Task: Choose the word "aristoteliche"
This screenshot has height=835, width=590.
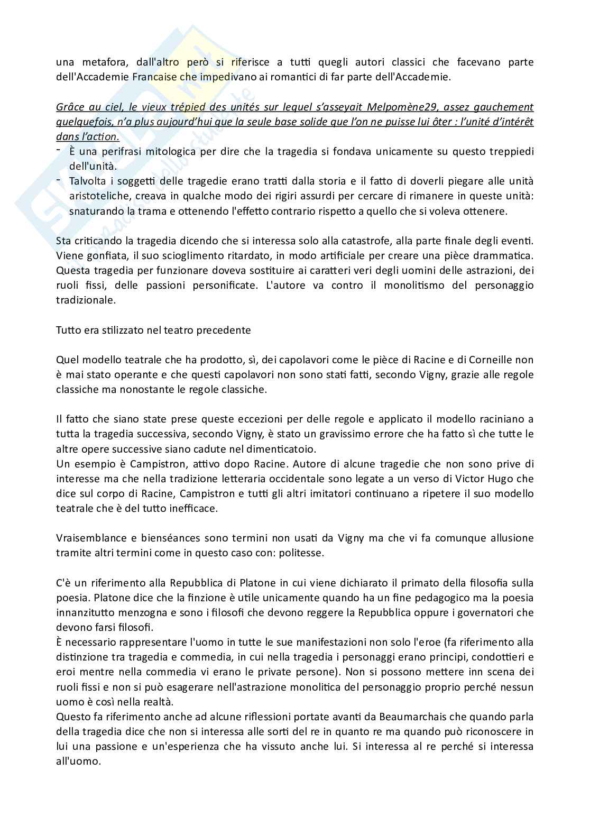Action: click(99, 196)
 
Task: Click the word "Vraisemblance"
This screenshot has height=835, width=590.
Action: click(87, 538)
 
